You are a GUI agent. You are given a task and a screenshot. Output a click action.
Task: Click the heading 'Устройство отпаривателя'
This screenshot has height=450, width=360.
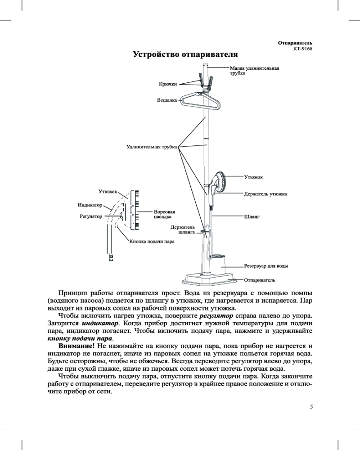pyautogui.click(x=184, y=55)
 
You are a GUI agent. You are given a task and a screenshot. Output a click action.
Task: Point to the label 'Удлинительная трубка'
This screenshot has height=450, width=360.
pyautogui.click(x=151, y=146)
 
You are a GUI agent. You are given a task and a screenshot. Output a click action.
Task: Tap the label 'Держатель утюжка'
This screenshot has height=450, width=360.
pyautogui.click(x=265, y=194)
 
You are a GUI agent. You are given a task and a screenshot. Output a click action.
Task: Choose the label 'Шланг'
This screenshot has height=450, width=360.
pyautogui.click(x=252, y=217)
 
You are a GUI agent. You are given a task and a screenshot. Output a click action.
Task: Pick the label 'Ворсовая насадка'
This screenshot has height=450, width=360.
pyautogui.click(x=164, y=214)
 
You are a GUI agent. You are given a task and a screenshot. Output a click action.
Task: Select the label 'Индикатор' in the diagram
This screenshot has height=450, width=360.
pyautogui.click(x=90, y=205)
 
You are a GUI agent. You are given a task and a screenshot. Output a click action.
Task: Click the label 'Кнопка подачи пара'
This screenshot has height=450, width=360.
pyautogui.click(x=152, y=241)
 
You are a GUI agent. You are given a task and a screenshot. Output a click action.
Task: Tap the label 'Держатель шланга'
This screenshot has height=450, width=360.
pyautogui.click(x=183, y=230)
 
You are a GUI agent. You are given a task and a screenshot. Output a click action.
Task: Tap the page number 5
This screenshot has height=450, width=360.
pyautogui.click(x=311, y=407)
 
